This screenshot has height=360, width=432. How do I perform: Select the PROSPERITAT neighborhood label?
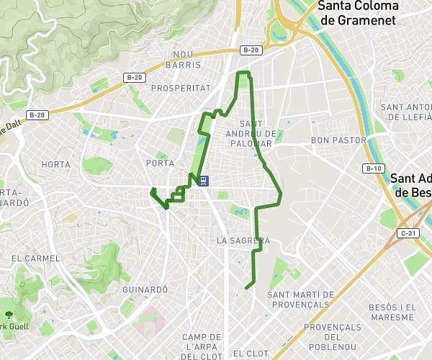pos(181,88)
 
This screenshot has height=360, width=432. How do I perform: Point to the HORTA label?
pos(56,164)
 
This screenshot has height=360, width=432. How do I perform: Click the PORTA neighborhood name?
pos(159,163)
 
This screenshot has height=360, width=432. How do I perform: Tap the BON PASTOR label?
pos(338,140)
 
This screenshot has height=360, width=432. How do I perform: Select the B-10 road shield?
pos(373,168)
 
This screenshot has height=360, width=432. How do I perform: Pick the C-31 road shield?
pos(408,233)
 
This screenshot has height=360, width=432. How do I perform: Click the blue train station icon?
pos(204,181)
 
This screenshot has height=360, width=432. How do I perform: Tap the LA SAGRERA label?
pos(243,240)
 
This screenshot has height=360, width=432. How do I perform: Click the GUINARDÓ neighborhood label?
pos(145,289)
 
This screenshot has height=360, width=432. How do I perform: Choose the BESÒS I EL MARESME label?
pos(392,312)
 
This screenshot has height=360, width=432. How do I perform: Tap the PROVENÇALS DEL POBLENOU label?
pos(332,332)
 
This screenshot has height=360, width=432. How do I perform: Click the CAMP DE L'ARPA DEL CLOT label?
pos(202,346)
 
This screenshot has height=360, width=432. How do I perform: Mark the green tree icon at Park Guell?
pos(9,315)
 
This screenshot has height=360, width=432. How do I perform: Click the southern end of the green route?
pos(246,288)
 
